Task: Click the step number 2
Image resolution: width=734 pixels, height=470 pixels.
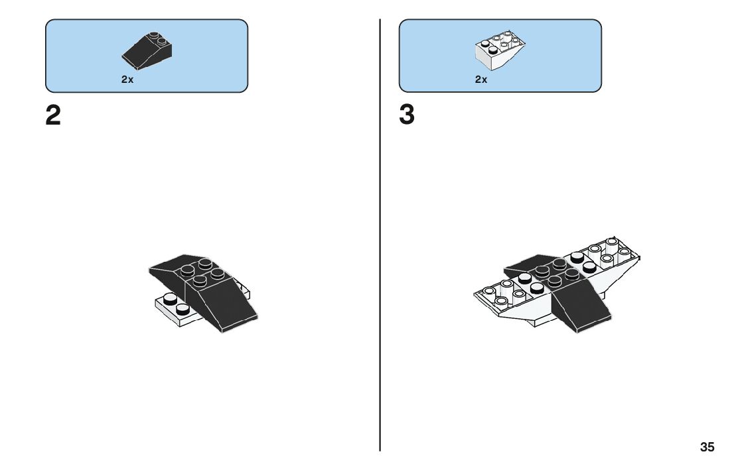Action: point(53,116)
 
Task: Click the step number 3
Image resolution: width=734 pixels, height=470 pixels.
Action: point(407,116)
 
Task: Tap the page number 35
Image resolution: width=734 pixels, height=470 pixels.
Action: point(707,447)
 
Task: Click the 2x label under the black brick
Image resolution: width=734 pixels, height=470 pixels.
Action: point(127,80)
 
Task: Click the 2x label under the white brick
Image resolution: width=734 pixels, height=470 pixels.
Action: point(481,80)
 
